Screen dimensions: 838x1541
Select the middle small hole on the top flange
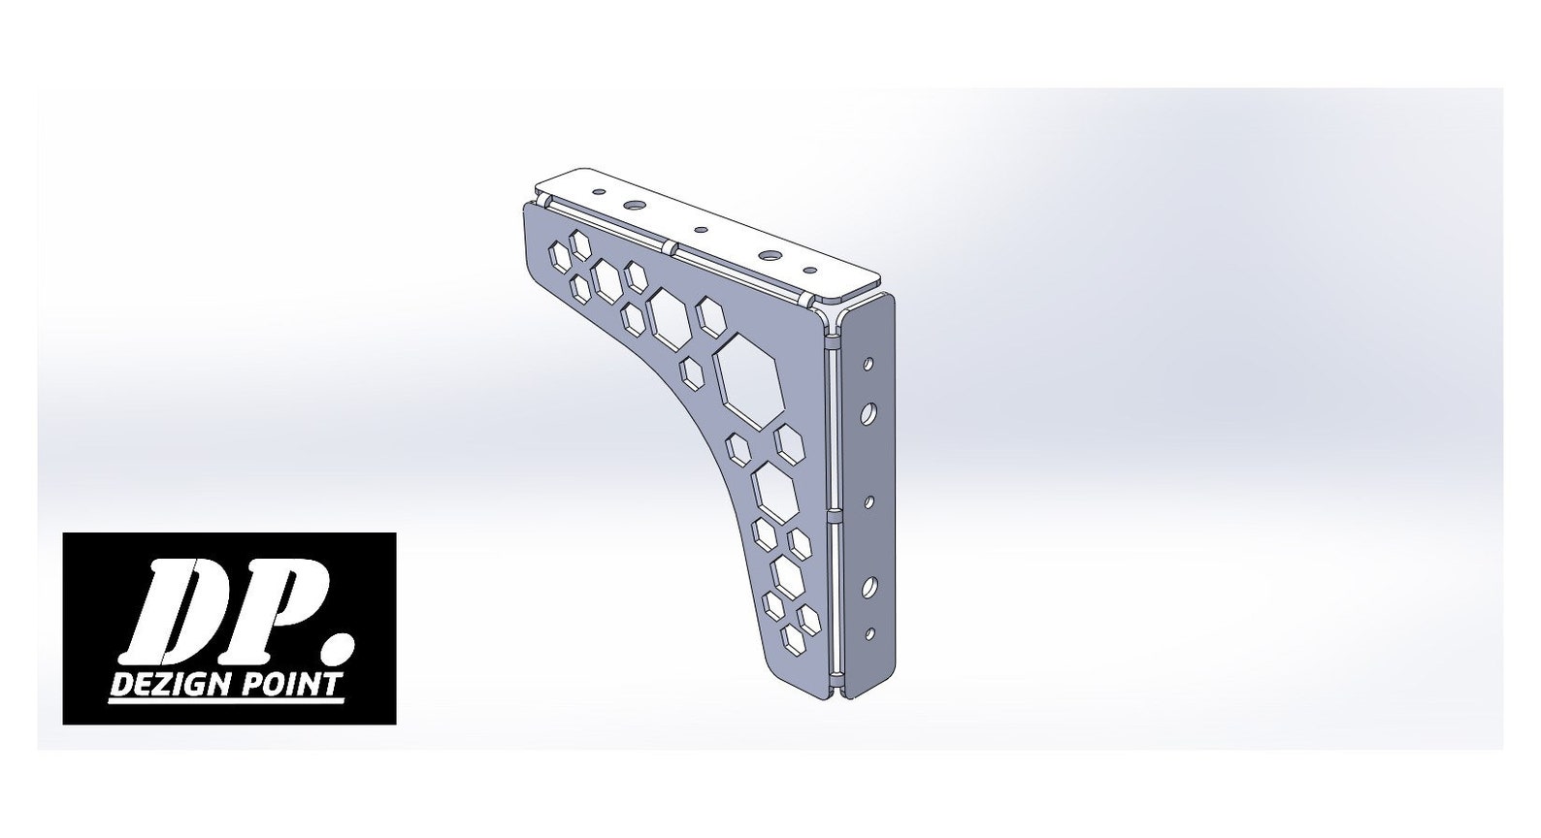tap(701, 231)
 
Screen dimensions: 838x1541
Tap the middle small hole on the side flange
tap(869, 500)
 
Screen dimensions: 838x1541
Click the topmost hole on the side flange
tap(869, 364)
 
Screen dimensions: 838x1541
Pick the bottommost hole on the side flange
tap(869, 633)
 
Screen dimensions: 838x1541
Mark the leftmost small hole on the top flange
tap(598, 192)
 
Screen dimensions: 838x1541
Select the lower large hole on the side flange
tap(869, 587)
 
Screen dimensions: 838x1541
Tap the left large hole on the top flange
tap(635, 206)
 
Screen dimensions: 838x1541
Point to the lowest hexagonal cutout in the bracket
tap(795, 637)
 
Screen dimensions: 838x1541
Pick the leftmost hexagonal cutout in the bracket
tap(561, 258)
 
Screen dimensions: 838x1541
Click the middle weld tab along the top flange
tap(671, 245)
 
